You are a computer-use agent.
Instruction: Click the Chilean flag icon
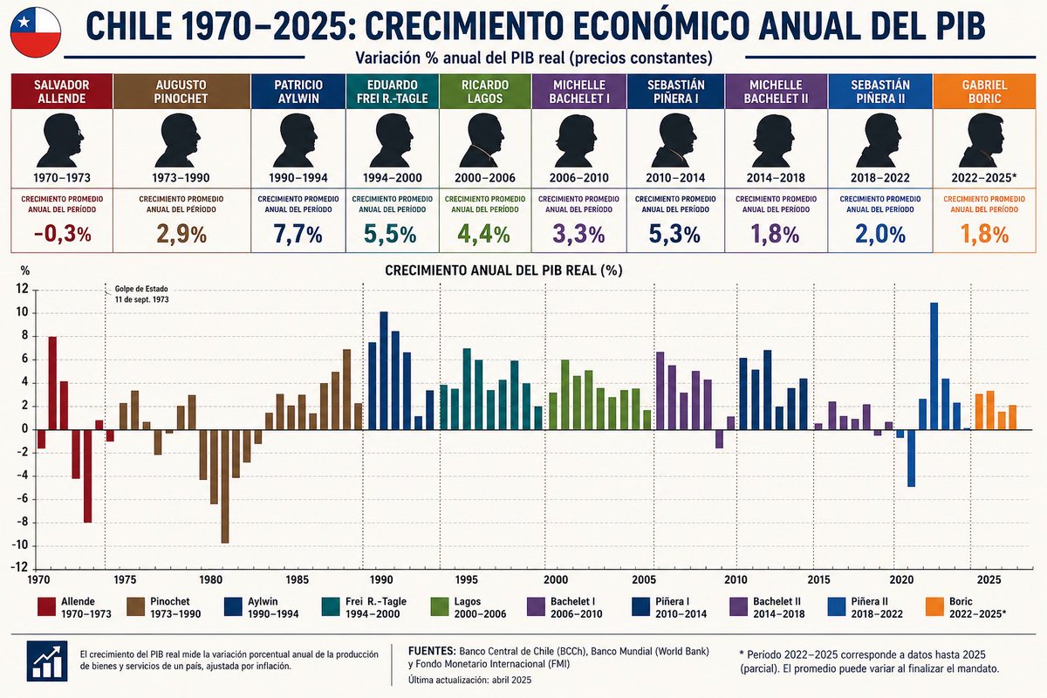pyautogui.click(x=36, y=32)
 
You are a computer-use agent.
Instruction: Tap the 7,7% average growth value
pyautogui.click(x=298, y=234)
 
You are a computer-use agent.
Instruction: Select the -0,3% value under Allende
pyautogui.click(x=63, y=234)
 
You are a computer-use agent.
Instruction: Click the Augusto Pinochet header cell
pyautogui.click(x=181, y=92)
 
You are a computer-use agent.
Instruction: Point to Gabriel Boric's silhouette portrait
pyautogui.click(x=984, y=140)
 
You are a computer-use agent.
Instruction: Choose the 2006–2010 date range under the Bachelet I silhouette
pyautogui.click(x=579, y=178)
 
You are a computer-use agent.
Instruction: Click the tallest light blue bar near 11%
pyautogui.click(x=934, y=366)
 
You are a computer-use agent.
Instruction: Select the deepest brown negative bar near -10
pyautogui.click(x=225, y=486)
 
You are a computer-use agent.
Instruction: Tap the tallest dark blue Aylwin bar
pyautogui.click(x=384, y=371)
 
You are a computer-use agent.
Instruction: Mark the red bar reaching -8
pyautogui.click(x=88, y=476)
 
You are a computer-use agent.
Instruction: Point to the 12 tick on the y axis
pyautogui.click(x=22, y=289)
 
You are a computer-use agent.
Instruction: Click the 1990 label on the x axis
pyautogui.click(x=381, y=579)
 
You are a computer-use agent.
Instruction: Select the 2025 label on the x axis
pyautogui.click(x=989, y=579)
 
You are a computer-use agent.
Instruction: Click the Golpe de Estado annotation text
pyautogui.click(x=141, y=294)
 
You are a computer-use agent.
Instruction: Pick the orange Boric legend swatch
pyautogui.click(x=934, y=607)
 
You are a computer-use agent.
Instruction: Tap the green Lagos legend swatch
pyautogui.click(x=440, y=607)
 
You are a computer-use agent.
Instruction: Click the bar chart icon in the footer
pyautogui.click(x=47, y=661)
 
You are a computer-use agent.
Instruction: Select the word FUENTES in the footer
pyautogui.click(x=432, y=651)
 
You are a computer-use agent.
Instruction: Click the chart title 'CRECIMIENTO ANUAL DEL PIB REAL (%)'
pyautogui.click(x=503, y=270)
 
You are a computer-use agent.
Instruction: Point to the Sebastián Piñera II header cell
pyautogui.click(x=880, y=92)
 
